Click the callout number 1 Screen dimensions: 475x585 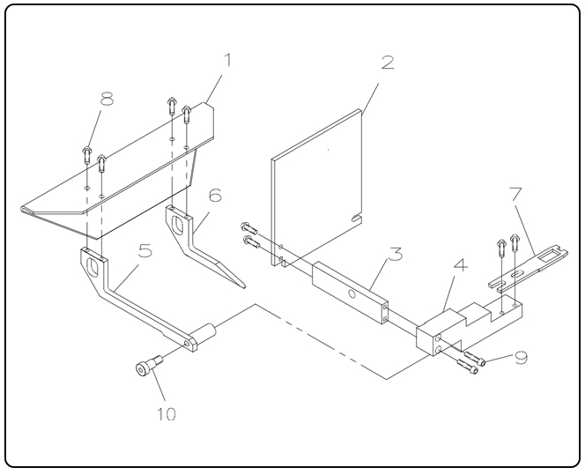coord(227,62)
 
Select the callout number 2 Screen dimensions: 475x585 coord(386,63)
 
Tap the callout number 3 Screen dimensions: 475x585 coord(397,256)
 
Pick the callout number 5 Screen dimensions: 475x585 coord(144,251)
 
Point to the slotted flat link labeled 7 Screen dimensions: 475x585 coord(529,263)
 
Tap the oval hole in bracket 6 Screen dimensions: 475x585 coord(182,223)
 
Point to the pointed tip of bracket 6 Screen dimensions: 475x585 coord(239,286)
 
